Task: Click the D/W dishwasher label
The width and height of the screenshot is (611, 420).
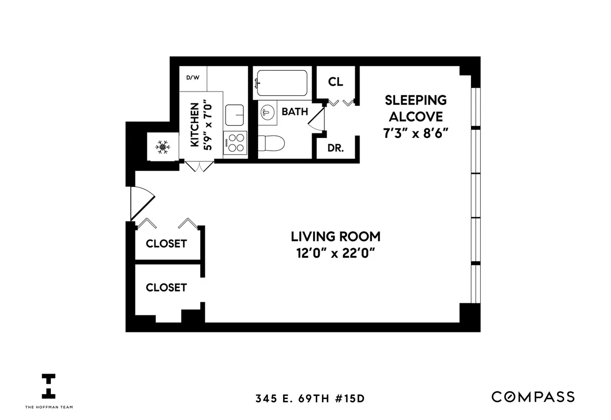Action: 193,78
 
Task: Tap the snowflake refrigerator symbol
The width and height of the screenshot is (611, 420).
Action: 162,148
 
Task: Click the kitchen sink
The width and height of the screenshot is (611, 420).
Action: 235,114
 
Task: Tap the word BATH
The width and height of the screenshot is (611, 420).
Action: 294,111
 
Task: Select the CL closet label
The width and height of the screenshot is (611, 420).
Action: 335,81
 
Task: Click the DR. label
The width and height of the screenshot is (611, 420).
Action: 336,149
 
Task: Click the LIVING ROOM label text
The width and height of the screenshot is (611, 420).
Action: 336,237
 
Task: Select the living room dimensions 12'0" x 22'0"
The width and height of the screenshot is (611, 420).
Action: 336,253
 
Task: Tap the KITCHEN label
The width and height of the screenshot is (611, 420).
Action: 194,125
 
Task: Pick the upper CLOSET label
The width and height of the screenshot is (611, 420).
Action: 166,244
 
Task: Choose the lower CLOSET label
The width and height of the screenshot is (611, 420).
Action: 166,288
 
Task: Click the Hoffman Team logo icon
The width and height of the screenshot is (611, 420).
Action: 49,386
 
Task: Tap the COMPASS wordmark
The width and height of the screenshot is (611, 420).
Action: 533,397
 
